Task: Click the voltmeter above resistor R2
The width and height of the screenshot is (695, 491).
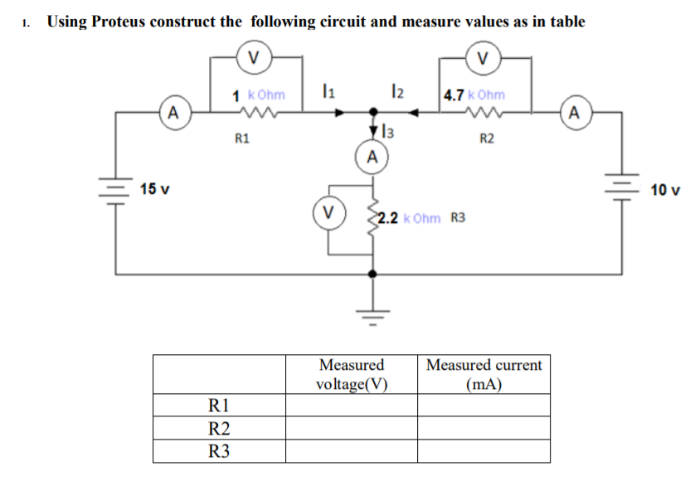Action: pos(484,57)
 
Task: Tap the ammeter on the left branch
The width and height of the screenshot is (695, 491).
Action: pos(172,112)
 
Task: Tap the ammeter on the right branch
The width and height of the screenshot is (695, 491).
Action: pos(576,112)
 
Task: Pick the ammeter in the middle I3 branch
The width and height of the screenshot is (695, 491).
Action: pos(372,156)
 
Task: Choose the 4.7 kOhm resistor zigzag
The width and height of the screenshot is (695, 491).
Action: pos(482,112)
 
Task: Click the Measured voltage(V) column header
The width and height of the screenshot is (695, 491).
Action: pos(352,374)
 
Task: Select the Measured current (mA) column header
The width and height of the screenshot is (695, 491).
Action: pos(484,374)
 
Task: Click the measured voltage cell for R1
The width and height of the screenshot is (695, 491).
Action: pos(352,406)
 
